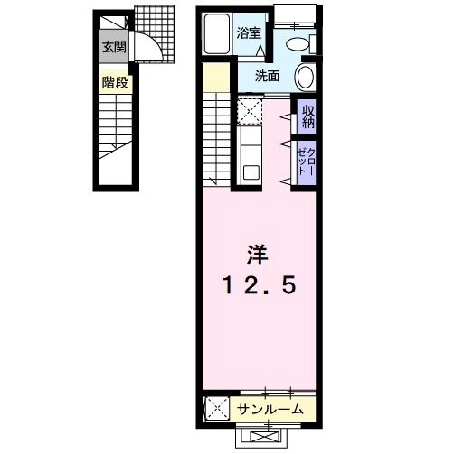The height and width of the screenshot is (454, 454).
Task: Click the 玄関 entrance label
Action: [113, 47]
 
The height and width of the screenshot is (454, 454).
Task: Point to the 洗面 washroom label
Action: [266, 76]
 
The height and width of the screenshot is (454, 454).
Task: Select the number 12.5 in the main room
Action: [258, 287]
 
